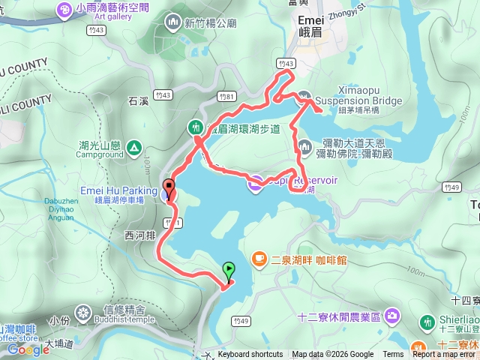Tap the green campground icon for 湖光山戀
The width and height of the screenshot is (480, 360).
133,146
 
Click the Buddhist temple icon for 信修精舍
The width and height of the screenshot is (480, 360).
82,310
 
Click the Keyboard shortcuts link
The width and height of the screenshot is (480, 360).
250,355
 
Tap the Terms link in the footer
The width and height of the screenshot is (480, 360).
393,355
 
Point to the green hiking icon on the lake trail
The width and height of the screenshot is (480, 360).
195,126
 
